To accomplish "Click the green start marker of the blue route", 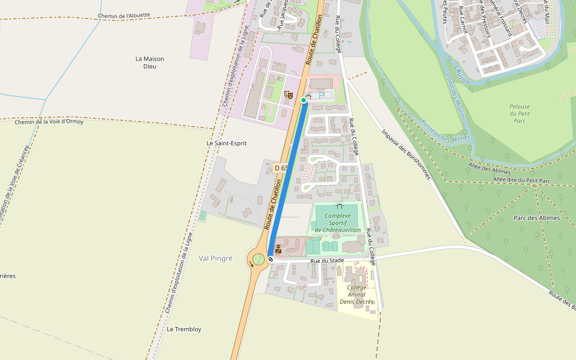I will pos(304,101).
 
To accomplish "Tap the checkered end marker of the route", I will pos(271,259).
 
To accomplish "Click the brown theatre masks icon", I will pos(288,95).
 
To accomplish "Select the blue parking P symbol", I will pos(322,95).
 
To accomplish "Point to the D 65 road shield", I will pos(281,168).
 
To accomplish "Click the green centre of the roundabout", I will pos(258,259).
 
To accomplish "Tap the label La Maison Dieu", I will pos(149,62).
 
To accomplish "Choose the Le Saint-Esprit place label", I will pos(226,143).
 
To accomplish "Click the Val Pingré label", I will pos(215,258).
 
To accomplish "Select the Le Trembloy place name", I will pos(184,329).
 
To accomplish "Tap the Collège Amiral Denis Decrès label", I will pos(356,295).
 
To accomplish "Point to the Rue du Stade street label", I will pos(327,261).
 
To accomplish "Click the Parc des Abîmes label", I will pos(536,218).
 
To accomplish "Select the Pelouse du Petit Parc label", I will pos(520,113).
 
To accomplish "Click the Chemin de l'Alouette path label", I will pos(124,16).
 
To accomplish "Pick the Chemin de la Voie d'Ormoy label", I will pos(49,122).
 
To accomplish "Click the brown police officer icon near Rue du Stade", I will pos(278,249).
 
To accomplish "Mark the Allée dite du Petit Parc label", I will pos(521,180).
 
